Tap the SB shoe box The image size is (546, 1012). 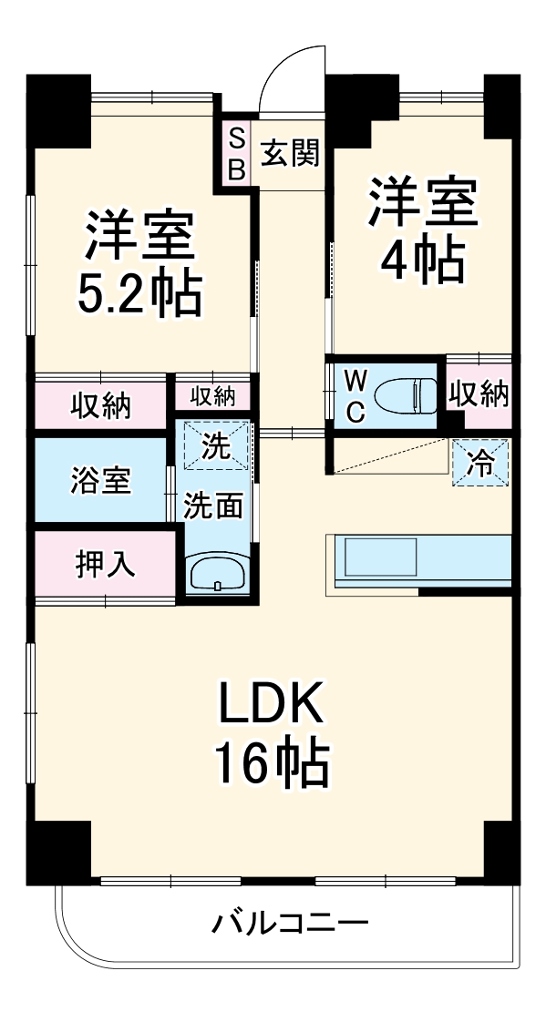[236, 153]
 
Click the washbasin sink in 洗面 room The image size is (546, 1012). [216, 575]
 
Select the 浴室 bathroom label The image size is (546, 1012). [100, 480]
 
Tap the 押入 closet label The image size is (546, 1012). [105, 564]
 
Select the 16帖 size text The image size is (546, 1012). [271, 763]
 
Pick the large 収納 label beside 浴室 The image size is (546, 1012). [100, 404]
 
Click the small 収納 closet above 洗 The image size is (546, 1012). [213, 396]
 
